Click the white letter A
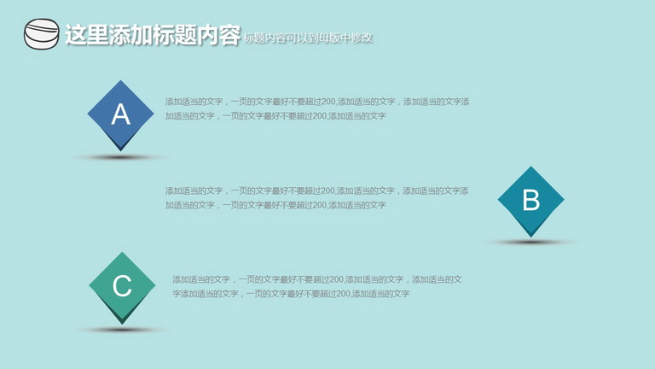click(121, 114)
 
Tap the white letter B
click(531, 200)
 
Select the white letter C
click(122, 286)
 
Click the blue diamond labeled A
click(121, 115)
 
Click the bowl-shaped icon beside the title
click(41, 34)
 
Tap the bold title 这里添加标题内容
click(153, 34)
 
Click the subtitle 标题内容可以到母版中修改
click(308, 38)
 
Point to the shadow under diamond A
click(121, 158)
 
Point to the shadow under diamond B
click(531, 242)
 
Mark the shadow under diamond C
click(122, 330)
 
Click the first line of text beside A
click(317, 102)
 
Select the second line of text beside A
click(275, 116)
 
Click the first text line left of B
click(316, 190)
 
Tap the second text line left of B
click(275, 205)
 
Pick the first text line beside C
click(317, 279)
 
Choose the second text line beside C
click(291, 294)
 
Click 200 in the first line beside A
click(328, 102)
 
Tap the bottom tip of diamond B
click(531, 237)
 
